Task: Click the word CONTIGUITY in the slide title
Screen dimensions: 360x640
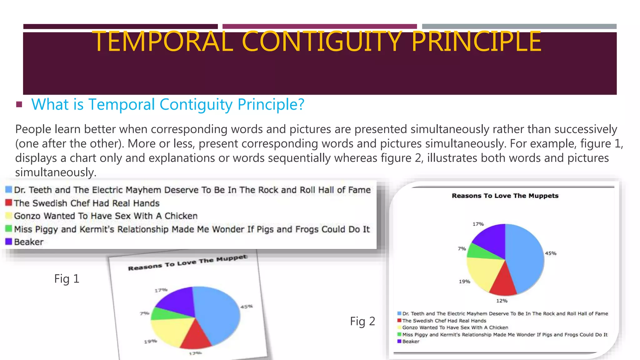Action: [x=322, y=41]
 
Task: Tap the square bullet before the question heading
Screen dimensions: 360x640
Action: [x=19, y=104]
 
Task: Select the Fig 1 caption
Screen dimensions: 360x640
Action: [x=67, y=278]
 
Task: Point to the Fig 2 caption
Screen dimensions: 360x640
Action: [x=362, y=321]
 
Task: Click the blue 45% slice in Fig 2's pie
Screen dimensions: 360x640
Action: [x=525, y=256]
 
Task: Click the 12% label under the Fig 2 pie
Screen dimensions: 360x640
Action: [x=502, y=301]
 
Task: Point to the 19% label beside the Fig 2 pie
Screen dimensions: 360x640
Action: [x=464, y=282]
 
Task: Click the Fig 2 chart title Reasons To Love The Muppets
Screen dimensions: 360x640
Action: [x=505, y=196]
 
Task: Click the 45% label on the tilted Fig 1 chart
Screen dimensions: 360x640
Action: [x=246, y=307]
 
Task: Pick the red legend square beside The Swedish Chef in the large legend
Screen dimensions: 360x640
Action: [x=9, y=203]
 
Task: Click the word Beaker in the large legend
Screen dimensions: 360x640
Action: [x=29, y=242]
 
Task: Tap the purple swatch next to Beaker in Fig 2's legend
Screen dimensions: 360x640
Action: [x=399, y=341]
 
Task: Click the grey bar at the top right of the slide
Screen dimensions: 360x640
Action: [x=519, y=27]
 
